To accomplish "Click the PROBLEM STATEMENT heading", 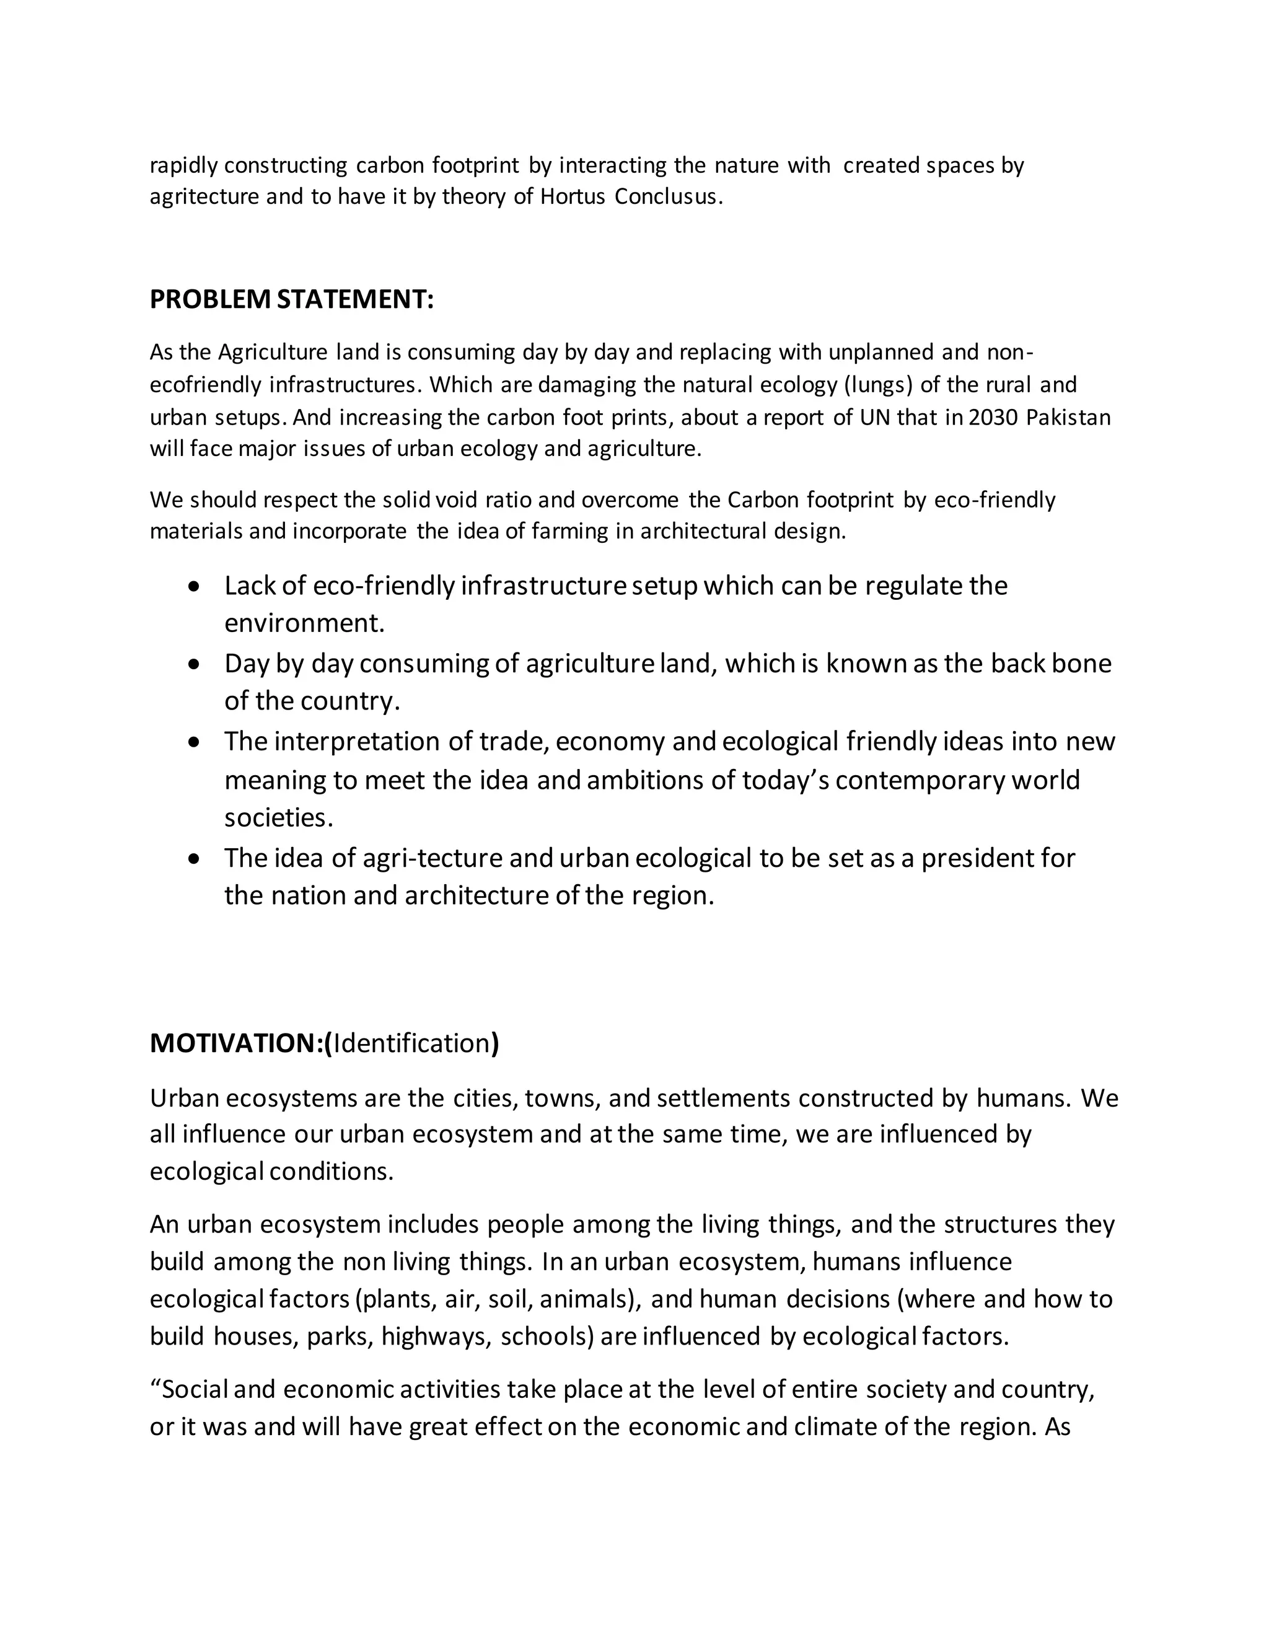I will (292, 299).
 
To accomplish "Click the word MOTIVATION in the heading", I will (236, 1043).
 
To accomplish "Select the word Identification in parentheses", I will (411, 1043).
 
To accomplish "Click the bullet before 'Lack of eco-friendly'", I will (195, 586).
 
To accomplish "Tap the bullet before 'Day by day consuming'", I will (195, 665).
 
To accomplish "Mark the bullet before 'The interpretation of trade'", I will (195, 742).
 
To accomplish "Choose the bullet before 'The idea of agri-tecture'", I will (195, 859).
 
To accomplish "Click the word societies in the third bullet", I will (278, 818).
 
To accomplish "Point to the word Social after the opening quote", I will (195, 1389).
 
